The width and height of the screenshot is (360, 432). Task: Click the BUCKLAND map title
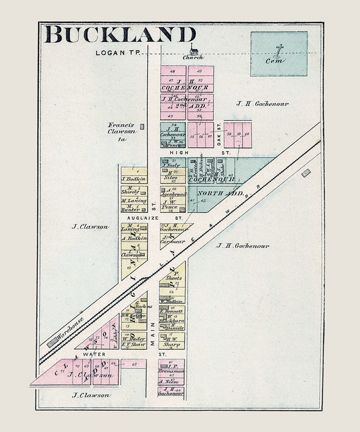120,35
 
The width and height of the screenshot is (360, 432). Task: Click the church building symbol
193,49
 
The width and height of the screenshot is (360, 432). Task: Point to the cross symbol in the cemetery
279,50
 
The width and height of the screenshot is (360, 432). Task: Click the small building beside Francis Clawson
143,127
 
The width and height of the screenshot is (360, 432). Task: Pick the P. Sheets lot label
174,275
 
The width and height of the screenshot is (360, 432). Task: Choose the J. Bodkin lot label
133,179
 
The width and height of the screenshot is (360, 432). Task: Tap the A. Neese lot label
171,382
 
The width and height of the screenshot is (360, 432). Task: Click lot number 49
199,71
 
